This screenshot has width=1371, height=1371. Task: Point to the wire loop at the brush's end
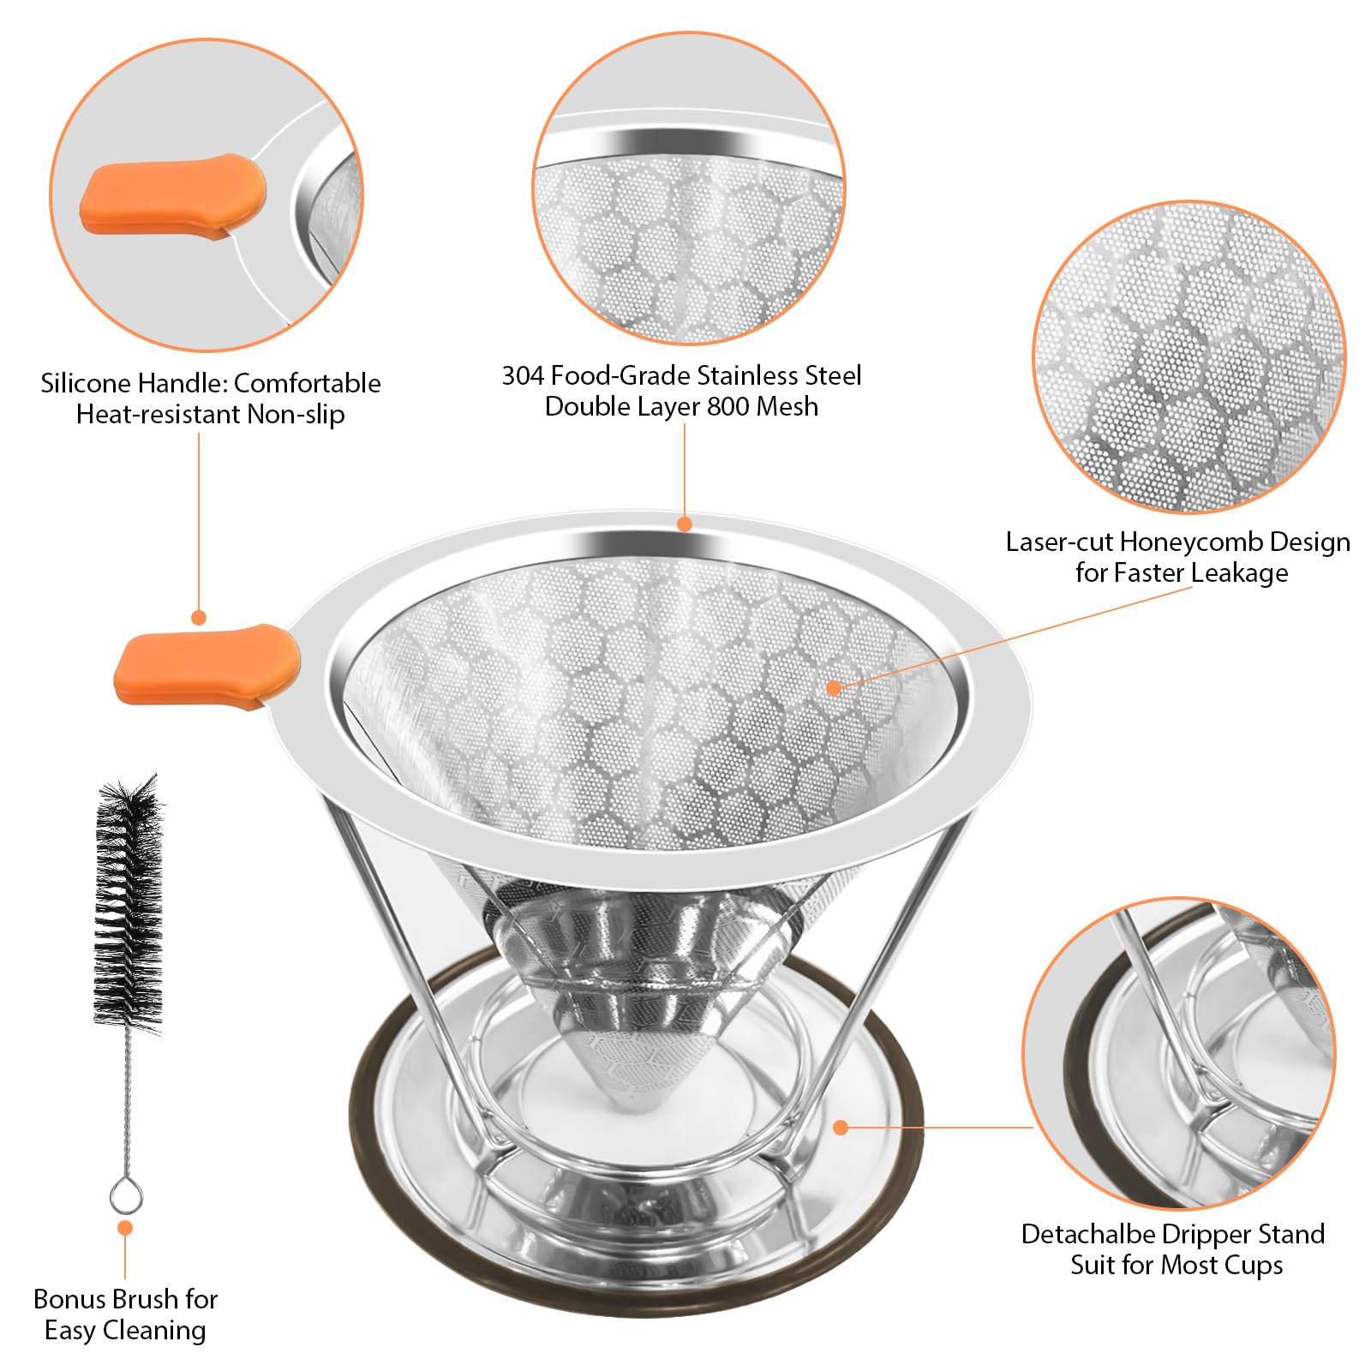125,1194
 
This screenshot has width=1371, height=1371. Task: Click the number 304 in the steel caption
523,375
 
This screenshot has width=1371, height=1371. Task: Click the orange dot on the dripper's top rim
684,523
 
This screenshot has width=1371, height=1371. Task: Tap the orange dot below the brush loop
125,1228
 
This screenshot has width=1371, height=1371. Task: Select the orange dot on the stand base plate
840,1128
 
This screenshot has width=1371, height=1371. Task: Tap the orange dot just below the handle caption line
199,617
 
